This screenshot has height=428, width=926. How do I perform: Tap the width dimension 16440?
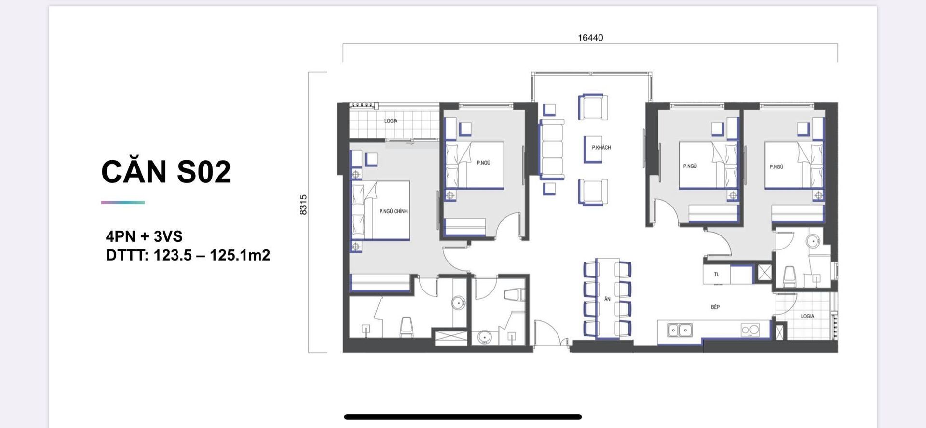point(590,38)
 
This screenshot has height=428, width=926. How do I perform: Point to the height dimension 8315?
point(303,205)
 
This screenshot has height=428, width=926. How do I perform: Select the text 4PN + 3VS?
point(144,236)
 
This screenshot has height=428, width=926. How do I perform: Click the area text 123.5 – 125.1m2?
point(212,255)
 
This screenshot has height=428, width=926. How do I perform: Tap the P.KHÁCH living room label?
point(601,148)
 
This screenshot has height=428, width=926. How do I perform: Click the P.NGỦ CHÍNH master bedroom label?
point(393,211)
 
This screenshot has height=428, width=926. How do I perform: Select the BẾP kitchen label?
point(715,307)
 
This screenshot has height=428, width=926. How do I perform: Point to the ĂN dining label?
point(607,299)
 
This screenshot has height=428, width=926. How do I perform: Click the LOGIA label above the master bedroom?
point(391,121)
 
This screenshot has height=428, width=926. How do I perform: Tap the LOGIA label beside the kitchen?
point(807,316)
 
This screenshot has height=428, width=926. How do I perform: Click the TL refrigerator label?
point(716,275)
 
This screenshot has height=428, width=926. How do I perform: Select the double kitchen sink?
point(680,330)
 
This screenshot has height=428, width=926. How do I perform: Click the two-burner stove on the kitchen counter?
point(750,330)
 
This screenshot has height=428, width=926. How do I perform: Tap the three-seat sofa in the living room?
point(552,150)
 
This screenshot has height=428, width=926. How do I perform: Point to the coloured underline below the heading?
point(123,202)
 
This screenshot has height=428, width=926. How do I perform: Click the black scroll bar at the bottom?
point(463,417)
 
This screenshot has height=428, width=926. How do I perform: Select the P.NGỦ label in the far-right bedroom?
point(776,167)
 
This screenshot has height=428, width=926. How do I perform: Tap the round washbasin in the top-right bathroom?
point(814,241)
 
